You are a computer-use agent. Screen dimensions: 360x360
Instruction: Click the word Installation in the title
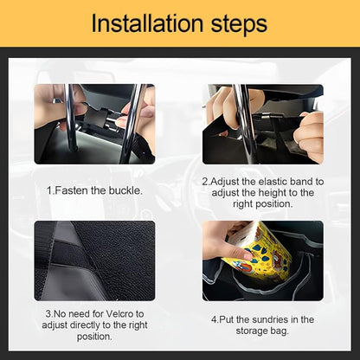pos(147,23)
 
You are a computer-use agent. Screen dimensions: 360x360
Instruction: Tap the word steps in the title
pos(239,25)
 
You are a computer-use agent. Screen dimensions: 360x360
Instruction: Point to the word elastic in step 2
pos(273,182)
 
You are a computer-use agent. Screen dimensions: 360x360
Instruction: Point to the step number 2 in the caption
pos(204,182)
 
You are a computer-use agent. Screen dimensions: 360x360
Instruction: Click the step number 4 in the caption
pos(214,319)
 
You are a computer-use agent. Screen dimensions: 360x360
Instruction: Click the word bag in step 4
pos(280,331)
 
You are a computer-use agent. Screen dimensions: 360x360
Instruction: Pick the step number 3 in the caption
pos(48,313)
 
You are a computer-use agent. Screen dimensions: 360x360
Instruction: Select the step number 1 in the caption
pos(49,190)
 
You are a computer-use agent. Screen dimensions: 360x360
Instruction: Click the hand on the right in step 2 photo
pos(309,137)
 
